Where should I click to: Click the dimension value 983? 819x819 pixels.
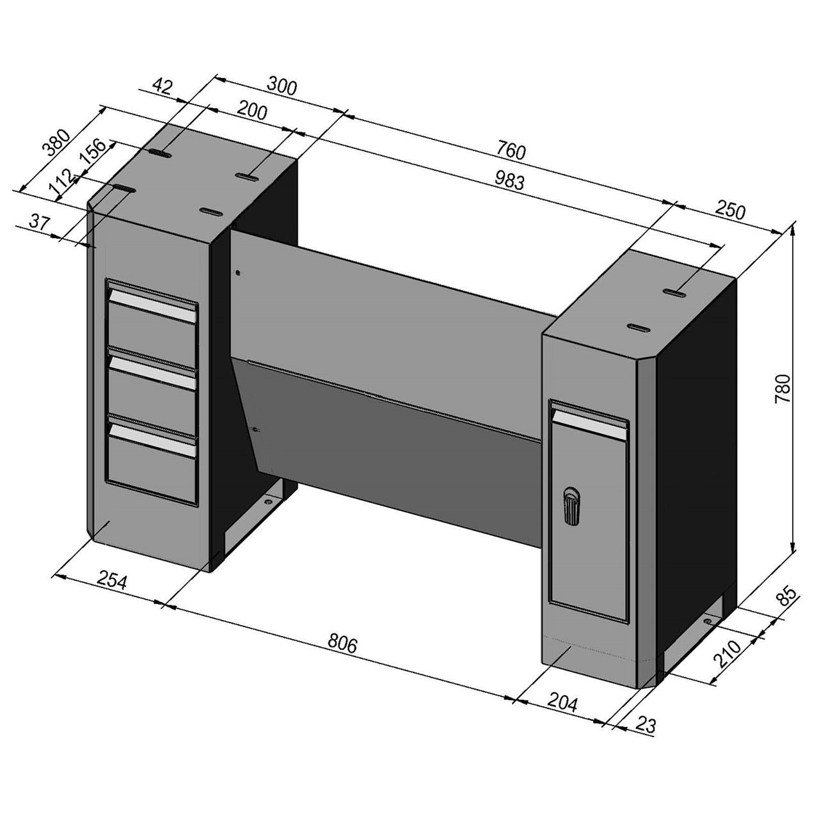(509, 182)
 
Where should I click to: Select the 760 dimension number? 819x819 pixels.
(511, 152)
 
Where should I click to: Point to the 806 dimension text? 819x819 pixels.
(342, 642)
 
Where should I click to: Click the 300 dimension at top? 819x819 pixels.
(282, 86)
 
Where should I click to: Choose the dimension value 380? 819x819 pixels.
(55, 144)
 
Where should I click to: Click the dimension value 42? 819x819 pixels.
(163, 86)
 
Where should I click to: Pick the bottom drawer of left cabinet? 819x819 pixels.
(152, 458)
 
